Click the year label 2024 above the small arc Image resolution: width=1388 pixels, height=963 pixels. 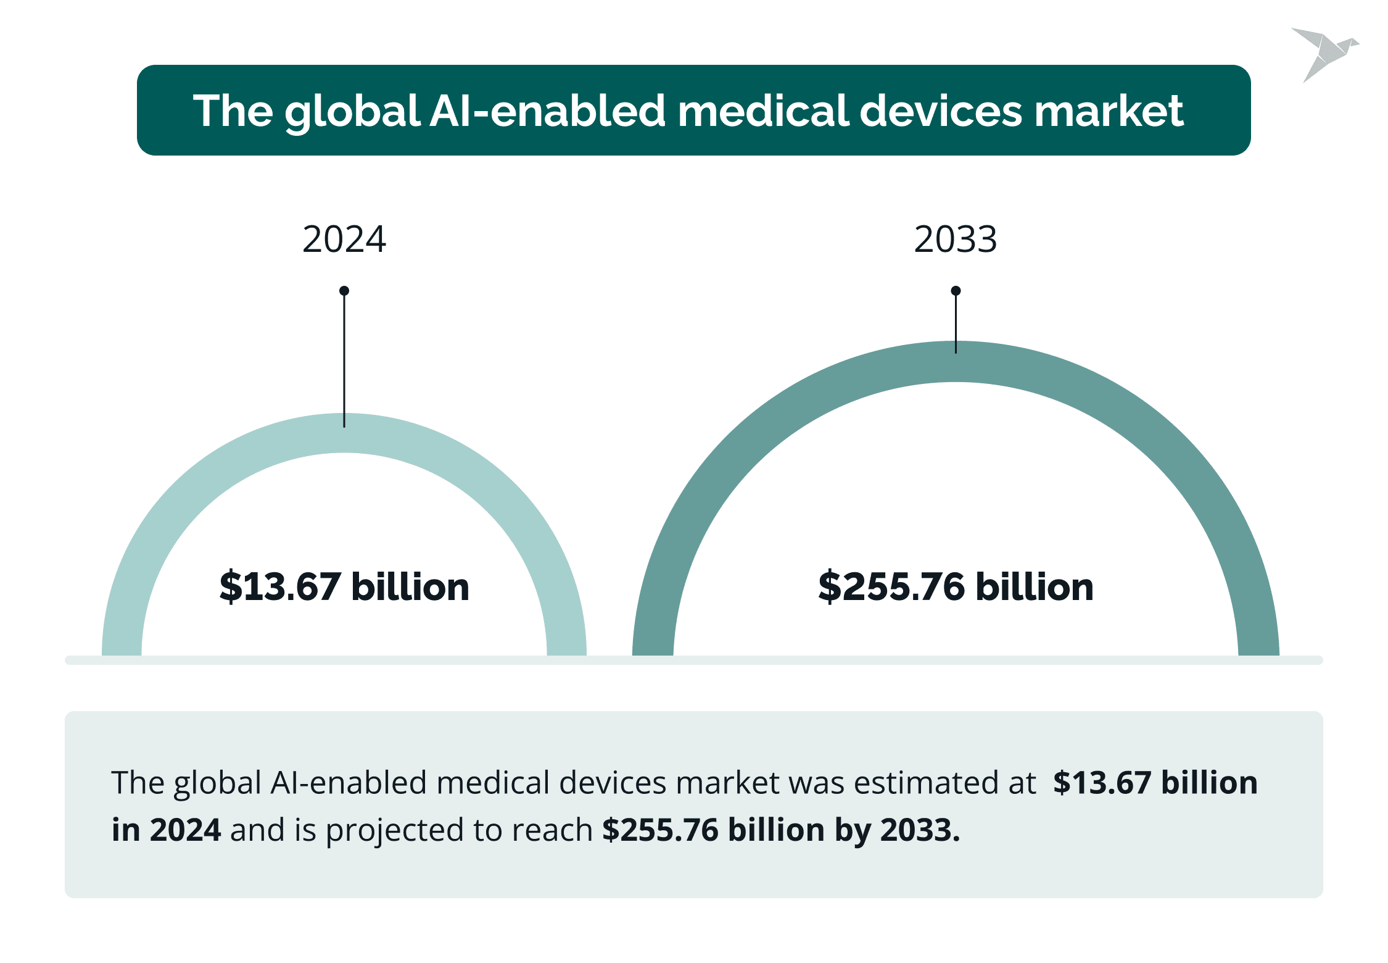(x=344, y=240)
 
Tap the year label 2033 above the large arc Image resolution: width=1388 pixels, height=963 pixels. (x=955, y=240)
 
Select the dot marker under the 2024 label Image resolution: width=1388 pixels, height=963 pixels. (x=344, y=291)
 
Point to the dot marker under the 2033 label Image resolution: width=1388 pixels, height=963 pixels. (x=956, y=291)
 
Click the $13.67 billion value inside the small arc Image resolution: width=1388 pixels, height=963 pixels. (x=344, y=586)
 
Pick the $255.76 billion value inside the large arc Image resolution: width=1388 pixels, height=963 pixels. (x=956, y=586)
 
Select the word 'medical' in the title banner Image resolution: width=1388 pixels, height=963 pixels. (x=762, y=111)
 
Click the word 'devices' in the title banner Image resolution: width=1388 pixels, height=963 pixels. (x=941, y=111)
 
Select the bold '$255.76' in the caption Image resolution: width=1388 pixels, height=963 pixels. (x=660, y=830)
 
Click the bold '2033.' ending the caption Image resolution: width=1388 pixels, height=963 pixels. (x=920, y=830)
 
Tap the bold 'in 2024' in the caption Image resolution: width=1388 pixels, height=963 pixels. (x=166, y=830)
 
